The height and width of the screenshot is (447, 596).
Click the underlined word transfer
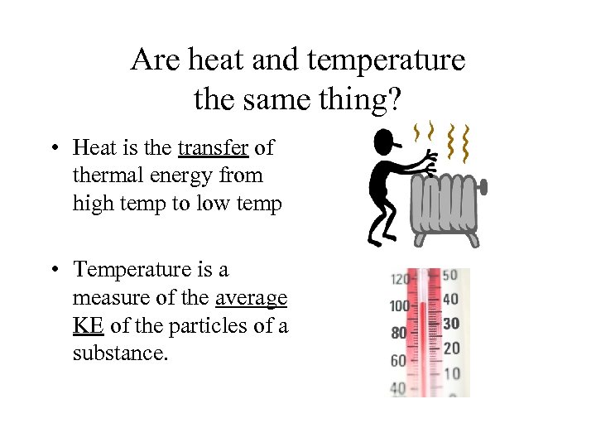213,148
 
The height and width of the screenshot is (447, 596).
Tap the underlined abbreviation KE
88,326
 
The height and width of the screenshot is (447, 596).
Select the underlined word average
251,298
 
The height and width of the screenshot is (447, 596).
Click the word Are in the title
150,60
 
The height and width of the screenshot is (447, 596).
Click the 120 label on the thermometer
400,278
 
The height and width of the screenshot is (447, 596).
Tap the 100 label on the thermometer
400,305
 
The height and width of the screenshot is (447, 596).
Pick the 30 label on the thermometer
450,324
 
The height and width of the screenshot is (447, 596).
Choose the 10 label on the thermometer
450,373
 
